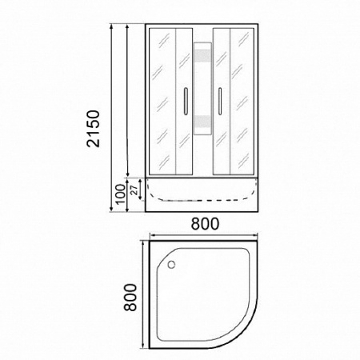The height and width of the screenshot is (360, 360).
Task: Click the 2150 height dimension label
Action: click(x=94, y=128)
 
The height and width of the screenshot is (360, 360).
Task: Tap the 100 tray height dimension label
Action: click(x=121, y=194)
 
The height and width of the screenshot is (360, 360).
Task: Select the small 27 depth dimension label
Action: click(x=135, y=190)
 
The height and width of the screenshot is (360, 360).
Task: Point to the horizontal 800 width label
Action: click(x=205, y=224)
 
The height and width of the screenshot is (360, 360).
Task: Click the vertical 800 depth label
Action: click(x=130, y=297)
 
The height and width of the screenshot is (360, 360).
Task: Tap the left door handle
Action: click(x=186, y=102)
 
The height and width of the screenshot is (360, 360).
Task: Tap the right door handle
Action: click(x=220, y=102)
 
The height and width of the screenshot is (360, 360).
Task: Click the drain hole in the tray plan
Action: click(x=171, y=265)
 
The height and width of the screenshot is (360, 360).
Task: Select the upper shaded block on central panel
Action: click(x=202, y=56)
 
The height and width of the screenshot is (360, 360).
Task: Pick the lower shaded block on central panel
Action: click(x=202, y=122)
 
